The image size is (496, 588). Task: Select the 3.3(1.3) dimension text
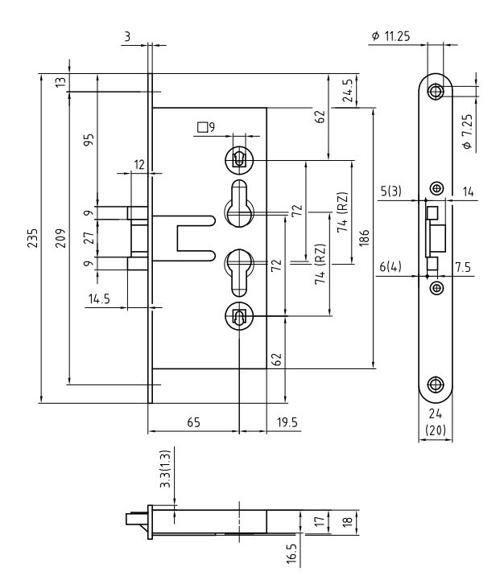[x=163, y=479]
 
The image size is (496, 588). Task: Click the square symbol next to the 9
[x=202, y=126]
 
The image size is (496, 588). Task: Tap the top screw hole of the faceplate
[x=436, y=91]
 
